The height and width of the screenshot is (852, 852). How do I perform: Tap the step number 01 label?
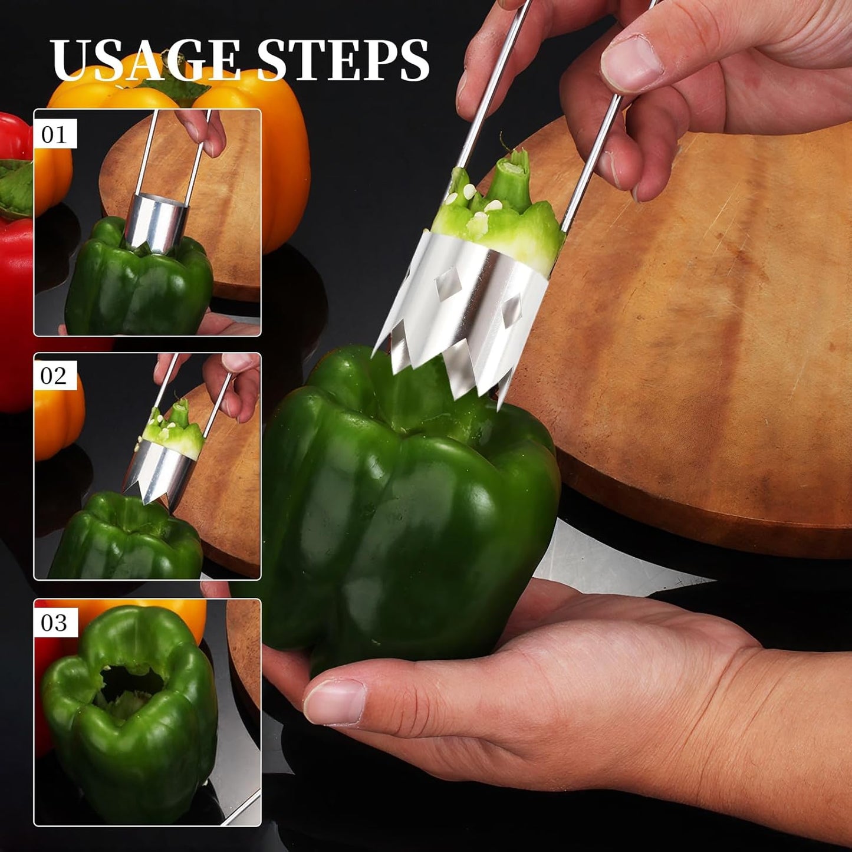55,134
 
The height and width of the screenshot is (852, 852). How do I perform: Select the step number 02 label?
55,376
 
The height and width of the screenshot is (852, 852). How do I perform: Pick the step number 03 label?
55,623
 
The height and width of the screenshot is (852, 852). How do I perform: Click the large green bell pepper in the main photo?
407,519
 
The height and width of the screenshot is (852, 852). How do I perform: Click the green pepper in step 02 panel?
127,540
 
